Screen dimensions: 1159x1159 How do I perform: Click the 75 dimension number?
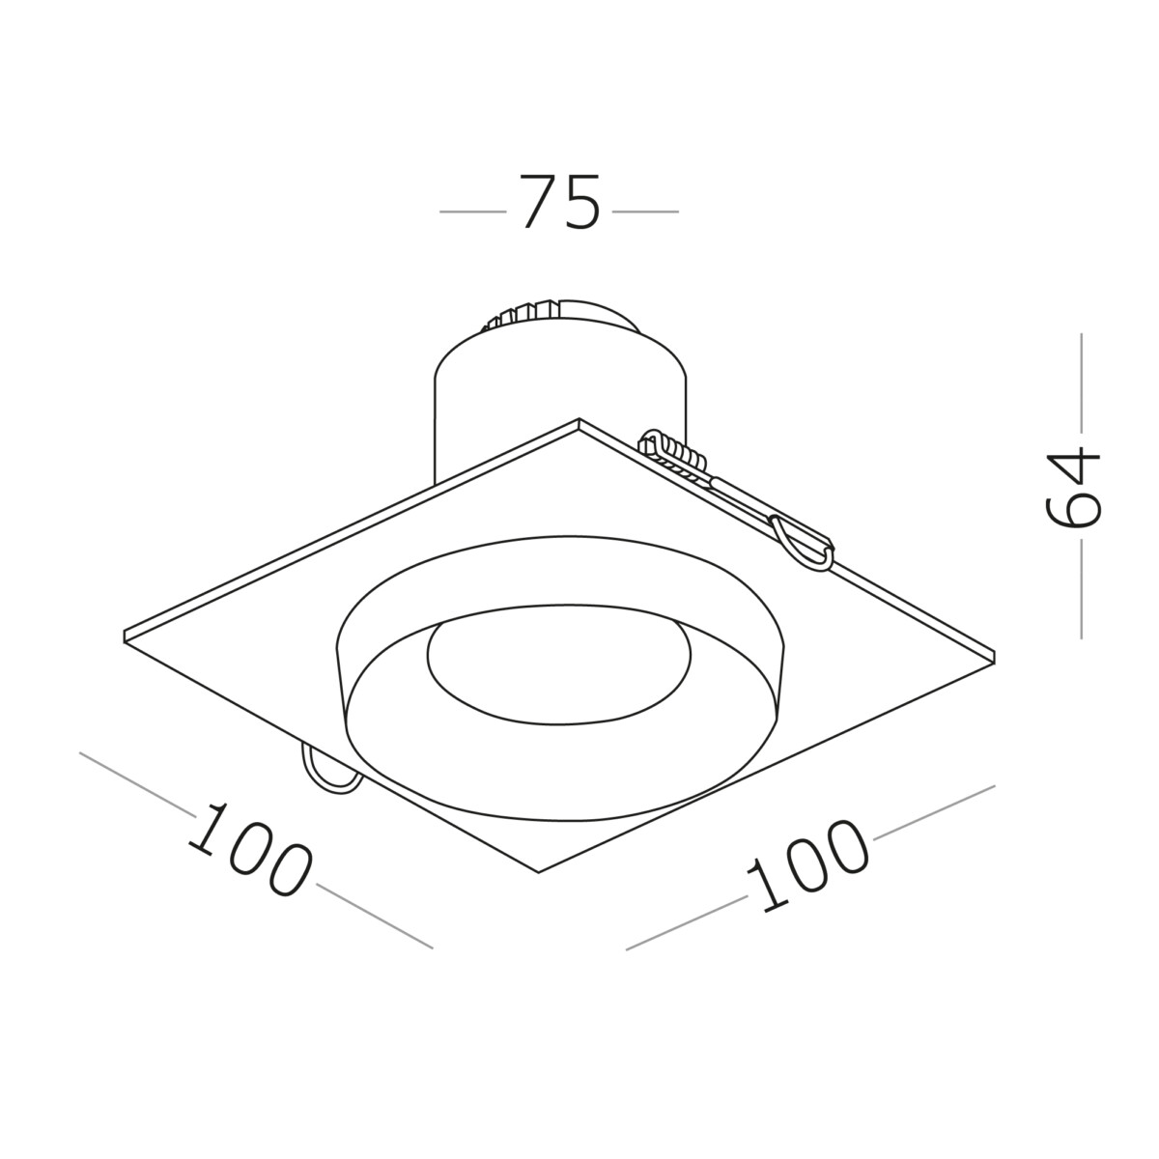click(560, 203)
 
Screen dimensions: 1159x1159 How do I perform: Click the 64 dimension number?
click(1074, 487)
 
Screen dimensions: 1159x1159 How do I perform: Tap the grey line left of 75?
click(472, 211)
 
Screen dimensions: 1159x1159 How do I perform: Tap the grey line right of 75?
click(646, 211)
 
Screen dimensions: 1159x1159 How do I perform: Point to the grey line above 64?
click(1080, 382)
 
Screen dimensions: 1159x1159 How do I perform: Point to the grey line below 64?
click(1080, 589)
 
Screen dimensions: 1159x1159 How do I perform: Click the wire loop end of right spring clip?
click(802, 547)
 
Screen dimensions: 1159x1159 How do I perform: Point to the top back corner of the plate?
click(578, 422)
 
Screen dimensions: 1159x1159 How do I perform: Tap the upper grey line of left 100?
click(135, 782)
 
